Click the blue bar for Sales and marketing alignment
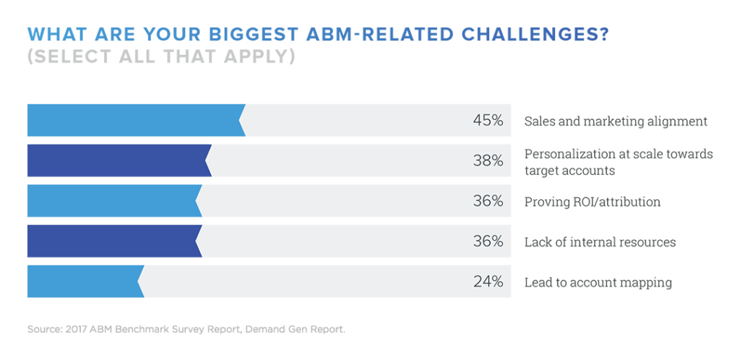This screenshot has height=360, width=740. [136, 120]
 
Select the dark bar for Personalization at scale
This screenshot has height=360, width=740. [119, 160]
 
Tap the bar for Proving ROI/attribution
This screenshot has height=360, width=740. [114, 201]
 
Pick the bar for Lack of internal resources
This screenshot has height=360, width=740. [114, 241]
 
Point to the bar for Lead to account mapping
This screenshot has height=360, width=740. [85, 282]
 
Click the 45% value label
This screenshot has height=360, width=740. [488, 121]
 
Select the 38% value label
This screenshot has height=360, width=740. [488, 161]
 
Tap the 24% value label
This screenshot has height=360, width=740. [488, 282]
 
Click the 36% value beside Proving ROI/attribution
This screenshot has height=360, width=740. [488, 202]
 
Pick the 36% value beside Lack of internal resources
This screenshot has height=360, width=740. [488, 241]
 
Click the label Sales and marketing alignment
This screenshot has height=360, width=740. [616, 121]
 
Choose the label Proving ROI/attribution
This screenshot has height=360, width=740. [592, 202]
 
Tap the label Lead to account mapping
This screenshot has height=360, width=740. [598, 283]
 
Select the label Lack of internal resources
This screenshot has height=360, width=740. [600, 242]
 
